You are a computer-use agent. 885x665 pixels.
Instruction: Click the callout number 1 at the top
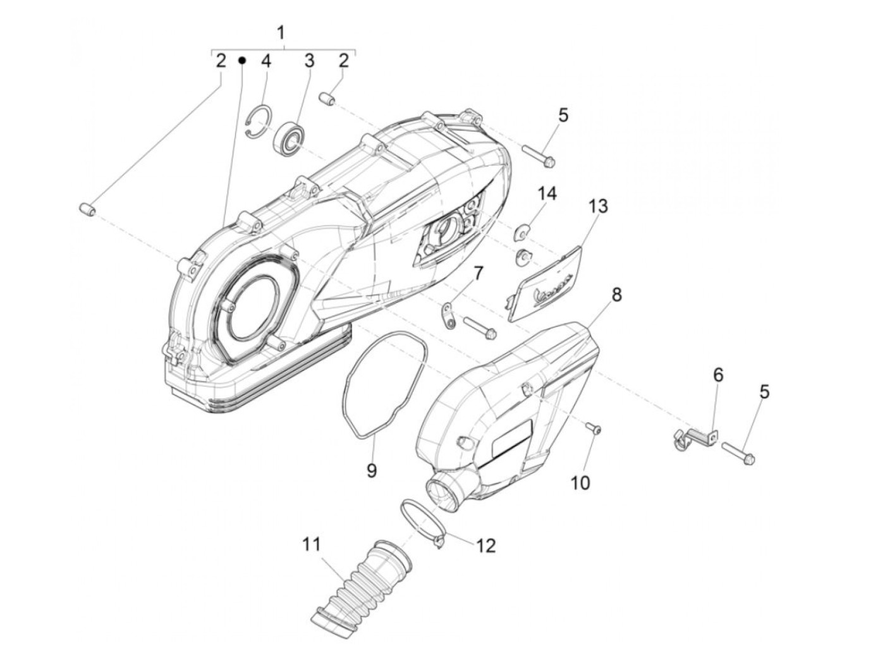[x=281, y=32]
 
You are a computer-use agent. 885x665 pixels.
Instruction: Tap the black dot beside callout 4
[x=241, y=60]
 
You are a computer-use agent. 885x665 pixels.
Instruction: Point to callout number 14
[x=547, y=193]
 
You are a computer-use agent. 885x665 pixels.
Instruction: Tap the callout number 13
[x=597, y=206]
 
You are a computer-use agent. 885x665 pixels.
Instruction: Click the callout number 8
[x=616, y=295]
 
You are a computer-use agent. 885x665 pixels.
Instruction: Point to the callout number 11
[x=311, y=544]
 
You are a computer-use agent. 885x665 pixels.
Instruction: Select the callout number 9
[x=372, y=471]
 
